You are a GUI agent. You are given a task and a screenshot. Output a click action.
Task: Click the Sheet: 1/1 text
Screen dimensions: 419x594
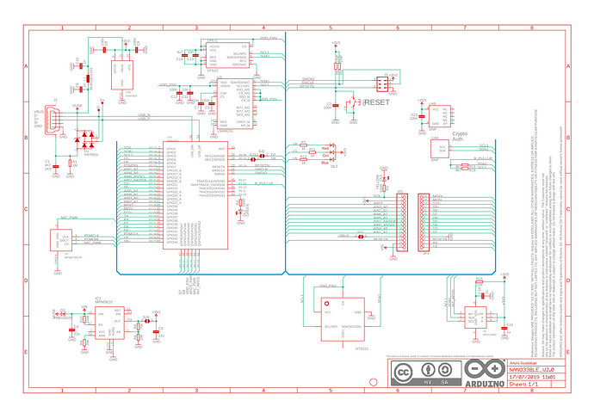[520, 386]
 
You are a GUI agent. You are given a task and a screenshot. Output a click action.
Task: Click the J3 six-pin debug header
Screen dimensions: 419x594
[381, 83]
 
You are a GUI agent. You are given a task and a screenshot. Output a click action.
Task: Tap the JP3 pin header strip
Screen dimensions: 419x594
[422, 222]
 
